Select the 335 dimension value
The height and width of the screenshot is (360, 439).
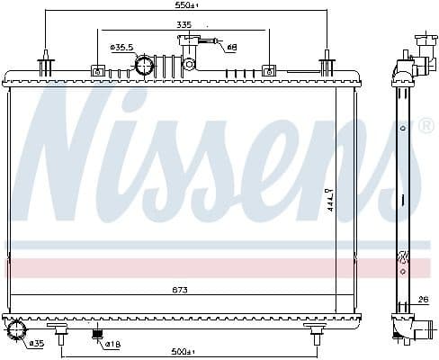coord(184,25)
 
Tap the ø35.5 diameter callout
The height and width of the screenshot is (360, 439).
coord(121,47)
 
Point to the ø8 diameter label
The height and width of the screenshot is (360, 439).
coord(231,47)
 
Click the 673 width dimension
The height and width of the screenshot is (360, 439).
coord(184,291)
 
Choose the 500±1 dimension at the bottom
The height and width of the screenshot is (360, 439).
coord(186,351)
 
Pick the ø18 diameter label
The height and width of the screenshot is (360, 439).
coord(114,343)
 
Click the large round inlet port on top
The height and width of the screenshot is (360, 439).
coord(145,65)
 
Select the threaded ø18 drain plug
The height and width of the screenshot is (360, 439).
coord(97,337)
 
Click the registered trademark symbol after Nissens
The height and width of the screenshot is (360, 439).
coord(426,127)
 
